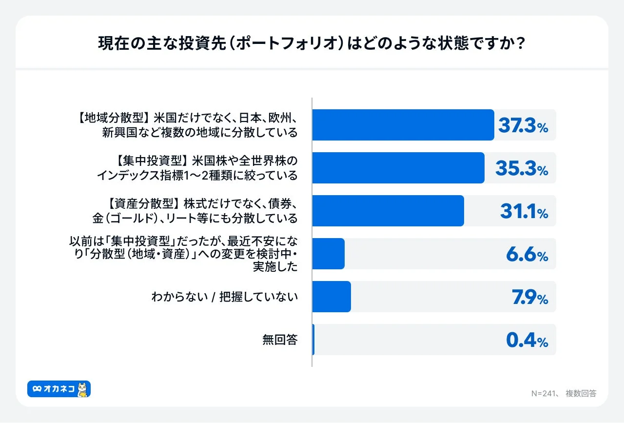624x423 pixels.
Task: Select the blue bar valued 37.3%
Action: [403, 125]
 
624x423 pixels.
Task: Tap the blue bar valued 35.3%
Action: [398, 168]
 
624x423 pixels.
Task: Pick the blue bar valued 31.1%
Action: [388, 211]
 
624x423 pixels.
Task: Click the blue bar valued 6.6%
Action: [328, 254]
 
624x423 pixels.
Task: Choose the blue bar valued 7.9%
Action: [331, 297]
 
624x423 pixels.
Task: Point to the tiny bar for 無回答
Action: [313, 340]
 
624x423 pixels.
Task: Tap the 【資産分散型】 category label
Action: [195, 211]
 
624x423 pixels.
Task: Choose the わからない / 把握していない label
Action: [224, 297]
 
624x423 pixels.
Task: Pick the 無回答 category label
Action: [280, 340]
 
